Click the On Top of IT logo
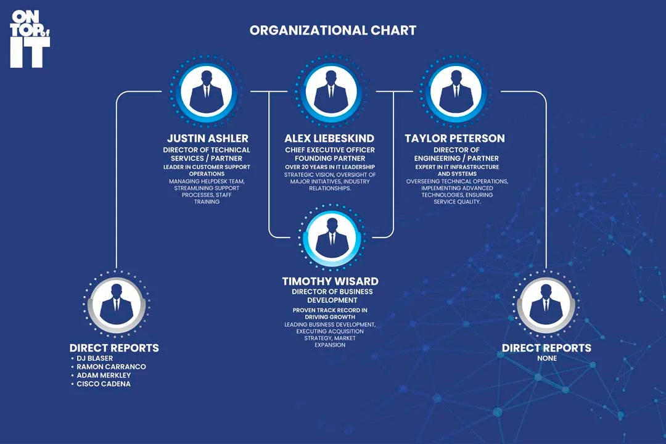click(30, 38)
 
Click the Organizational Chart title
click(333, 30)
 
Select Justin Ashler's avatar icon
click(206, 91)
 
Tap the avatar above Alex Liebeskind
click(331, 91)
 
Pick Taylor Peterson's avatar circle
click(456, 91)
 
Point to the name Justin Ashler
click(207, 138)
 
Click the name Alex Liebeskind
click(329, 138)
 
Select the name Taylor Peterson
click(454, 138)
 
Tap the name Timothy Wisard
click(330, 281)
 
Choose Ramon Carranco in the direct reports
click(111, 367)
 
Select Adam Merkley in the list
click(104, 376)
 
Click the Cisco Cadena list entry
click(104, 384)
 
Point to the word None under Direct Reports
click(546, 358)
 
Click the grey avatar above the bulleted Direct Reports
click(117, 304)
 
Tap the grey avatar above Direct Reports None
click(546, 304)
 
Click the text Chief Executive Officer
click(330, 150)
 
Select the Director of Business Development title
click(332, 296)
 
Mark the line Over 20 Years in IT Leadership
click(330, 167)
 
